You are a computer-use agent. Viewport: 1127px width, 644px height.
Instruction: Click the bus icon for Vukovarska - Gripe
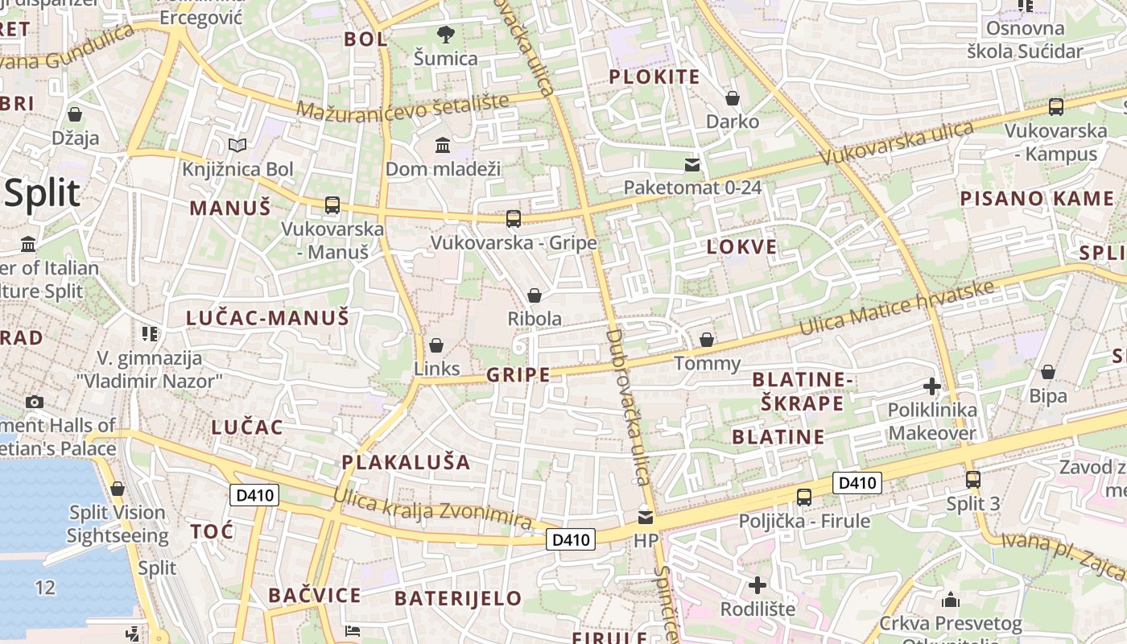(513, 218)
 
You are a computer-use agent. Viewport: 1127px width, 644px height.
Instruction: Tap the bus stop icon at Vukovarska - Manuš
(332, 204)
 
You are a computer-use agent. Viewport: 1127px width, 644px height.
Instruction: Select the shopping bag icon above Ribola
(534, 295)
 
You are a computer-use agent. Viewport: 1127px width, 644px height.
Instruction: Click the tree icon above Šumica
(445, 34)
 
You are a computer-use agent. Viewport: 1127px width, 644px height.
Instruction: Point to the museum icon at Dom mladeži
(443, 145)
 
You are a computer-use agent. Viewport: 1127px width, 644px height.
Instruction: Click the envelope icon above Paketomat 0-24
(691, 165)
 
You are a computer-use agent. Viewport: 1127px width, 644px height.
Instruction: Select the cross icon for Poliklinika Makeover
(932, 386)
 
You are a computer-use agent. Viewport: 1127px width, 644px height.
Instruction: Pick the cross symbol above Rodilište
(757, 585)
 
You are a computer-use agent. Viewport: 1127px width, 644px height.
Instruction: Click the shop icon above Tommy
(706, 340)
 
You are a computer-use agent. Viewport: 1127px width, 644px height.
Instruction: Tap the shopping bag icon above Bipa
(1047, 372)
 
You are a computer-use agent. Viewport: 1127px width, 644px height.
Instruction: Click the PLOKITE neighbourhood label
(654, 77)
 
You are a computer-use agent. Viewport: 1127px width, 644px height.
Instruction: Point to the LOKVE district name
(741, 247)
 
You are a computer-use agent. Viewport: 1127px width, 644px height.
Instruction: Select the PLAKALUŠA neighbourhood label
(406, 462)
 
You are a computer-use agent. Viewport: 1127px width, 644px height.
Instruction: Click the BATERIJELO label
(458, 598)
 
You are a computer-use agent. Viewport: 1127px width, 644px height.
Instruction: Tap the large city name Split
(42, 194)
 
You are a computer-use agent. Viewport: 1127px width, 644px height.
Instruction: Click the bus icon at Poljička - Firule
(803, 497)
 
